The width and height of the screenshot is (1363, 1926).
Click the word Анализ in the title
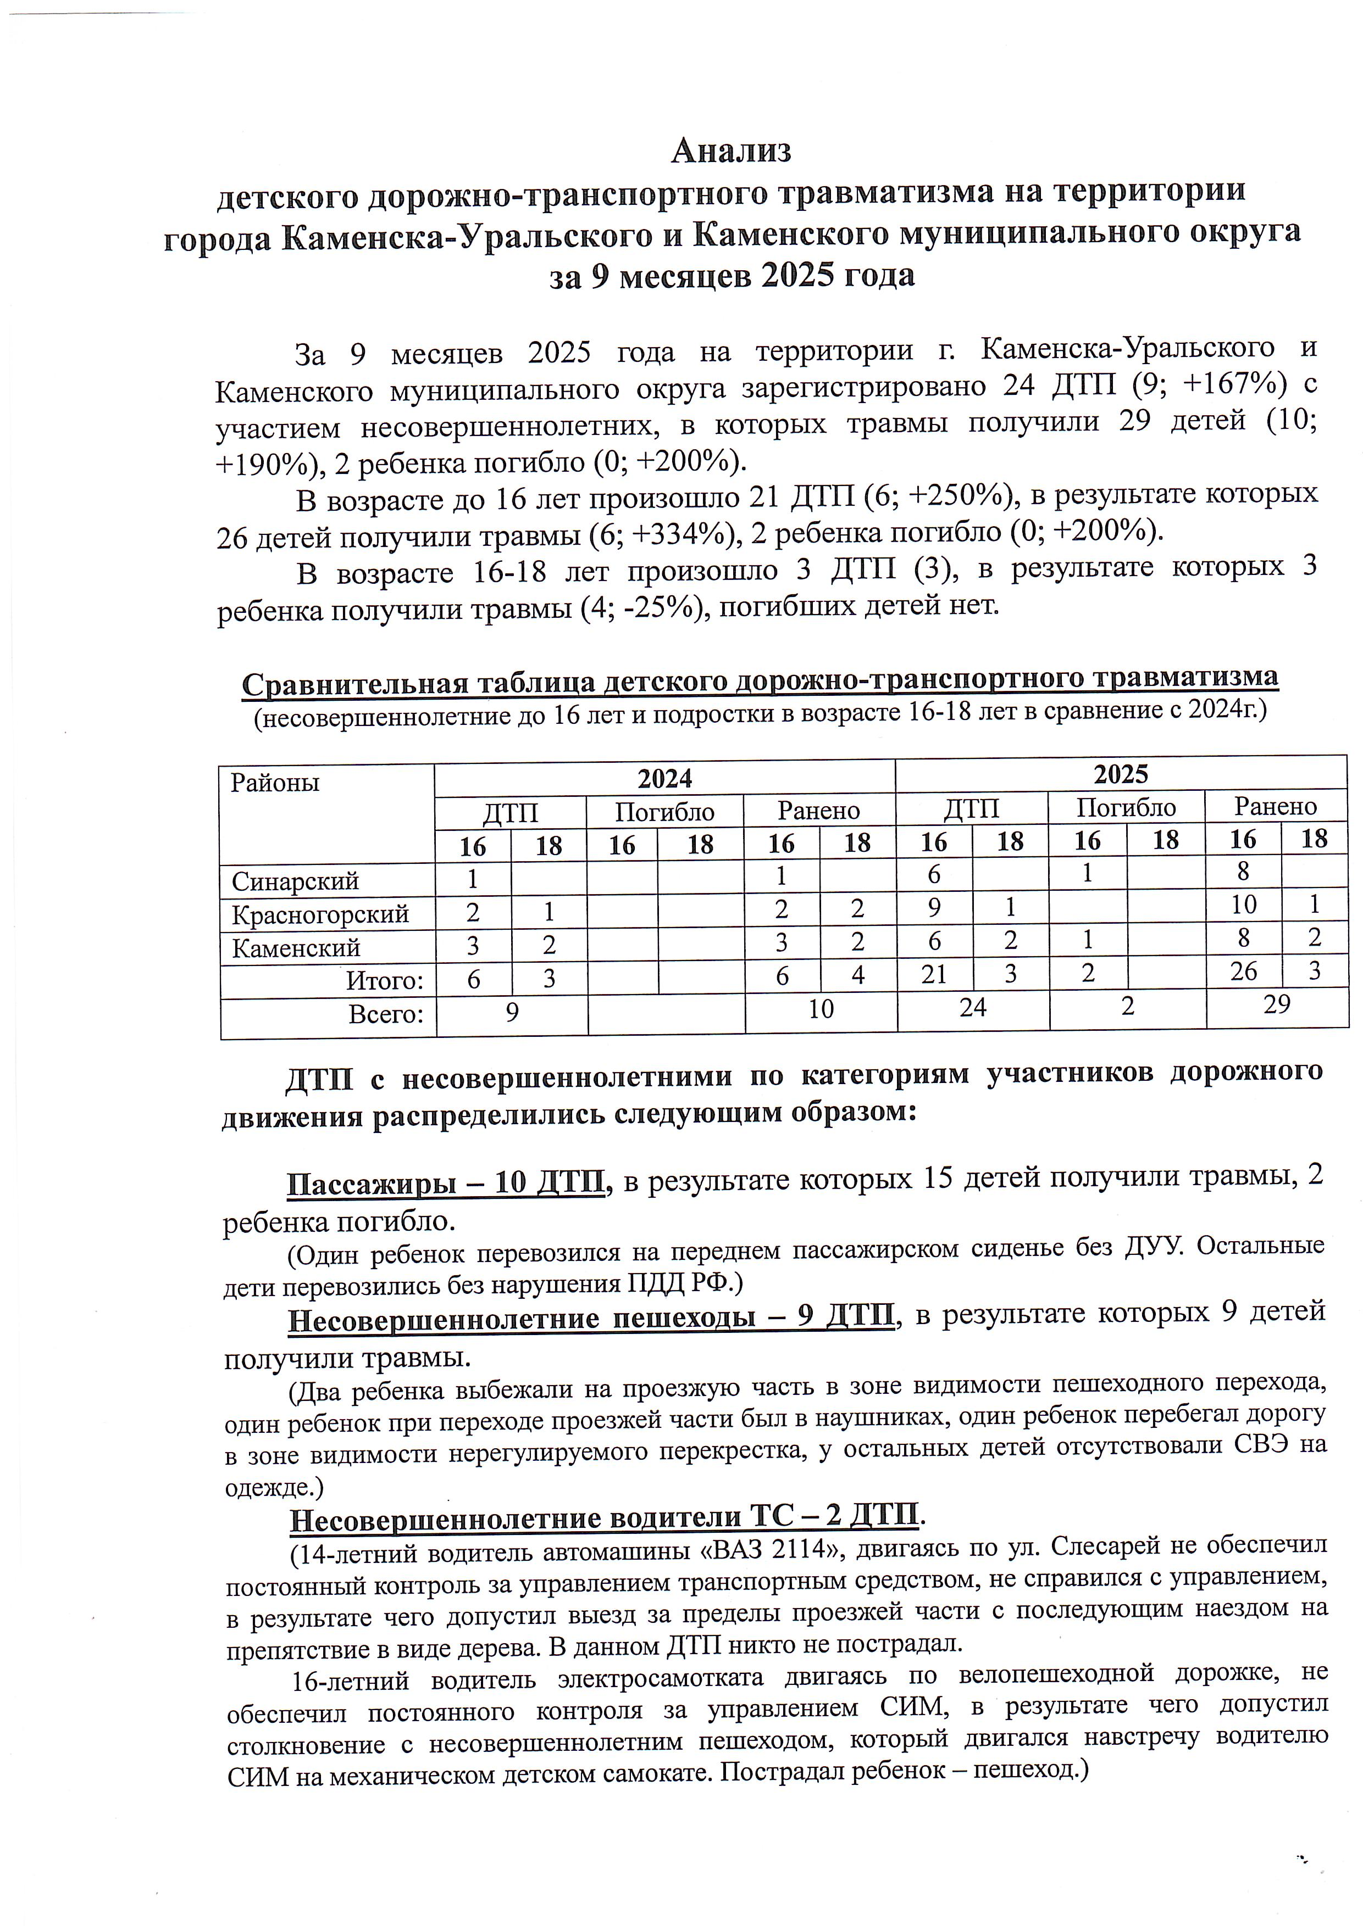(731, 151)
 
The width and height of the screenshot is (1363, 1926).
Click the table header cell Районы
(275, 784)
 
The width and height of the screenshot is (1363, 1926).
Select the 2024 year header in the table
(664, 778)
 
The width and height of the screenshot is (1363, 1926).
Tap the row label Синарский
(296, 881)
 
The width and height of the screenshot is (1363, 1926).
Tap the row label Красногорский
(320, 913)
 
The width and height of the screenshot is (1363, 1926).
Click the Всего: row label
(386, 1014)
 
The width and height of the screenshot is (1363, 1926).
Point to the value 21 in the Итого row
(934, 974)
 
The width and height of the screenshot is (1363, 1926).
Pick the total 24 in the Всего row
(973, 1007)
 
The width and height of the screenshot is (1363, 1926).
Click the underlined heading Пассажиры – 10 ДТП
(446, 1183)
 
